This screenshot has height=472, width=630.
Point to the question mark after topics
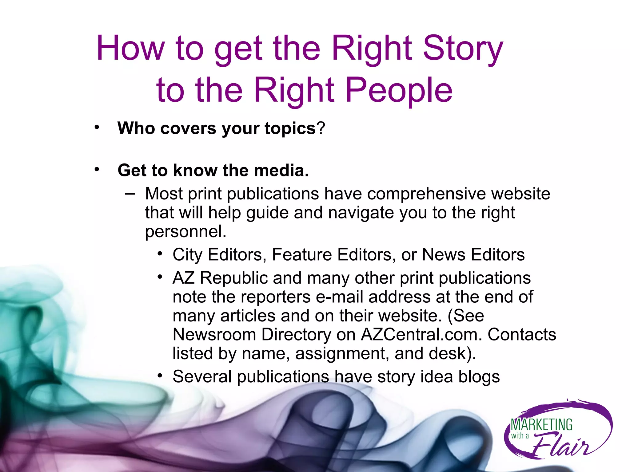pos(321,128)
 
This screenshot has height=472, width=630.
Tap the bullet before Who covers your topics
pos(97,127)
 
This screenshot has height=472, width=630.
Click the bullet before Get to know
pos(97,169)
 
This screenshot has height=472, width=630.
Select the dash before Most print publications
pos(130,194)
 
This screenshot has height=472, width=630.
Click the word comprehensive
pos(426,194)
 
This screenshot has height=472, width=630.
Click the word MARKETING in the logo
pos(541,425)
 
